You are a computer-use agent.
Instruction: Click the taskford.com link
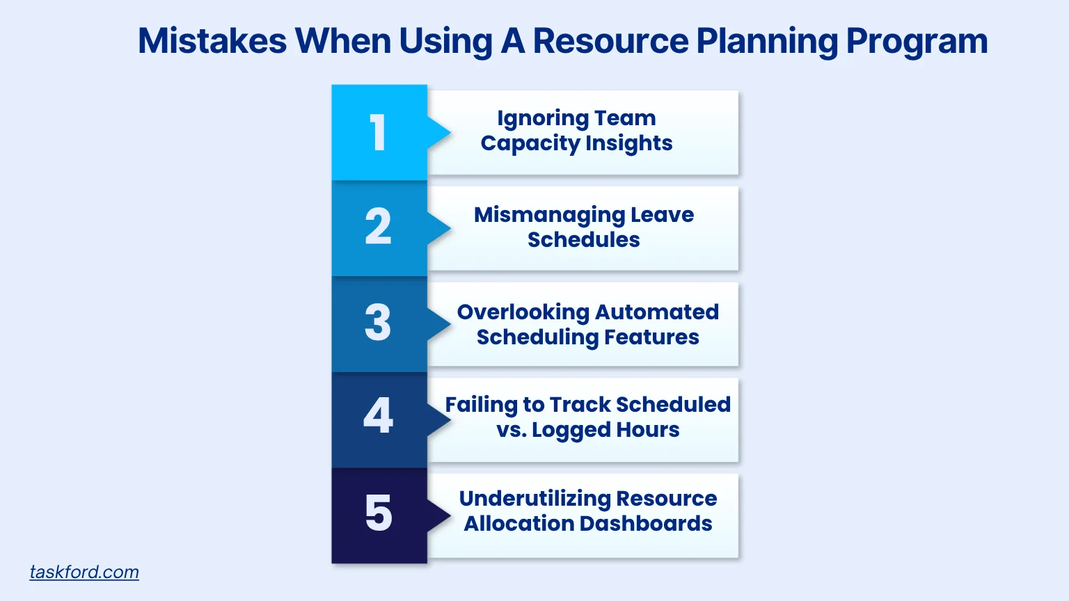tap(84, 572)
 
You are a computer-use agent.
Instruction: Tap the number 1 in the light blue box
tap(378, 132)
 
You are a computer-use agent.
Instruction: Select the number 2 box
tap(378, 227)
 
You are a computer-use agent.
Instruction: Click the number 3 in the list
tap(378, 323)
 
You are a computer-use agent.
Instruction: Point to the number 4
tap(378, 416)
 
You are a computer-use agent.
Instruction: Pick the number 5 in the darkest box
tap(378, 513)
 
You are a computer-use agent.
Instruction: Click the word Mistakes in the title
tap(212, 41)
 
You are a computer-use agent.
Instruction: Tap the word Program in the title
tap(917, 41)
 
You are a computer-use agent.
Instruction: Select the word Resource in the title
tap(610, 41)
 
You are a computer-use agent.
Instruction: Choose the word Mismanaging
tap(549, 215)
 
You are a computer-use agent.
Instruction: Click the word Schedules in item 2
tap(583, 240)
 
